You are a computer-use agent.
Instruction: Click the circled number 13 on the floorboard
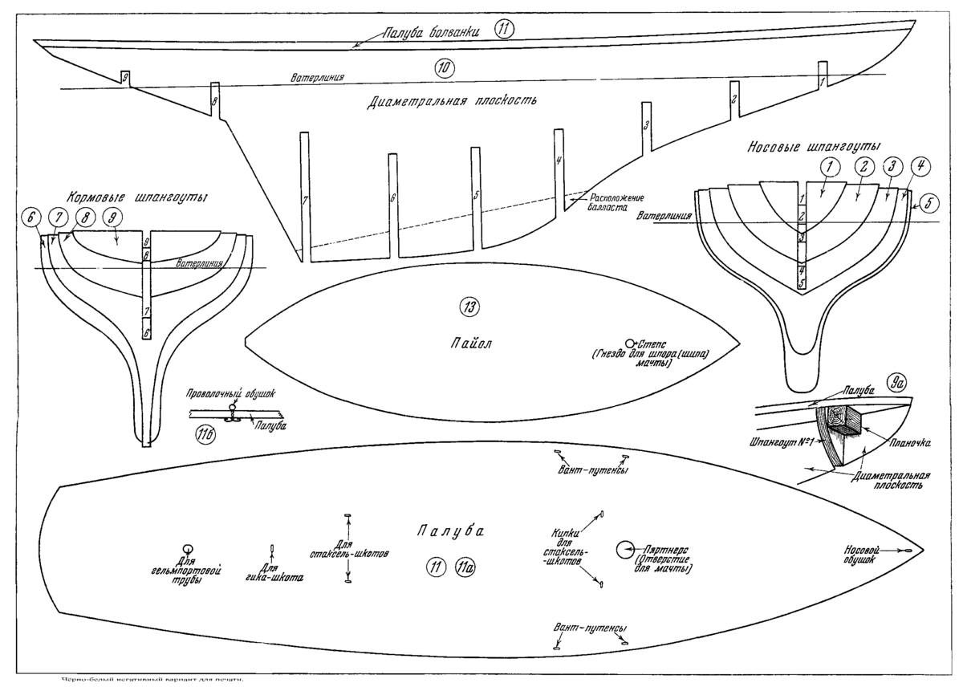468,306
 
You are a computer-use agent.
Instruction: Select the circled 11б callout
206,434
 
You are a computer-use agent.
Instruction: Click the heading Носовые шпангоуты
812,147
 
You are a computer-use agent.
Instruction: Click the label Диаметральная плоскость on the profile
452,102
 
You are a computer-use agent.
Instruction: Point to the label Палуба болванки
431,33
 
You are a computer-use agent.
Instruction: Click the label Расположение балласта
617,201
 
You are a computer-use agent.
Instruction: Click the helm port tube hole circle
187,547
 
